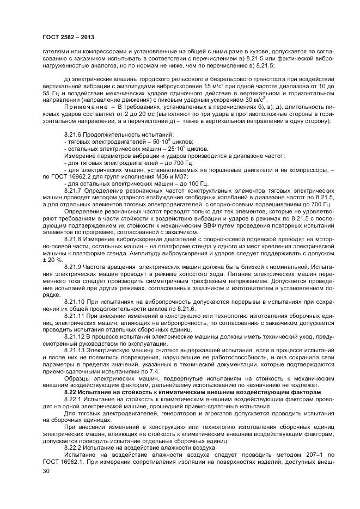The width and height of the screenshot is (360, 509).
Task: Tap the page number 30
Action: tap(46, 471)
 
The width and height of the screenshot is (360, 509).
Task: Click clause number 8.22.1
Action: tap(73, 400)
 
